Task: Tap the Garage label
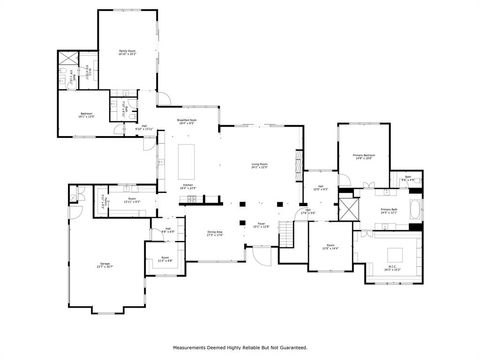point(104,265)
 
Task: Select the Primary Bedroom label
point(363,156)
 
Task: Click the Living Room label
point(259,166)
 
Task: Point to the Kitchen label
point(187,186)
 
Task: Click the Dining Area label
point(214,233)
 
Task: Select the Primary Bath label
point(391,211)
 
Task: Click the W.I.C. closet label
point(393,267)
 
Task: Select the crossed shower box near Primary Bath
point(348,208)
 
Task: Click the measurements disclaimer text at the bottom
point(240,348)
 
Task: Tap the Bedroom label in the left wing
point(87,114)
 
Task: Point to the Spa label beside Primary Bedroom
point(408,178)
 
